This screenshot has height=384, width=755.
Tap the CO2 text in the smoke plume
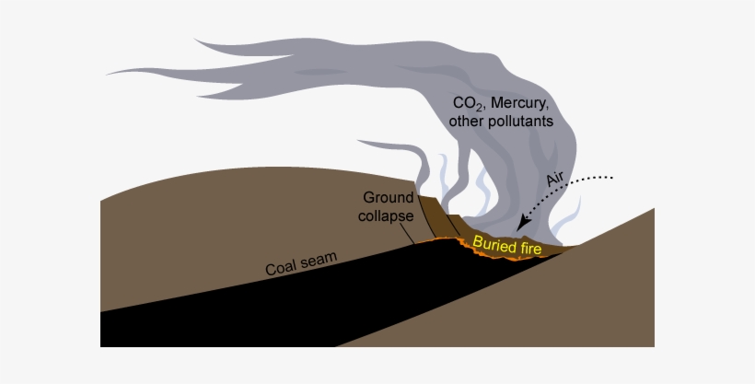462,102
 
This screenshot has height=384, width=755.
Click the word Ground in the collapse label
388,197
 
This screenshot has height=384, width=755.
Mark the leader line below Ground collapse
407,234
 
